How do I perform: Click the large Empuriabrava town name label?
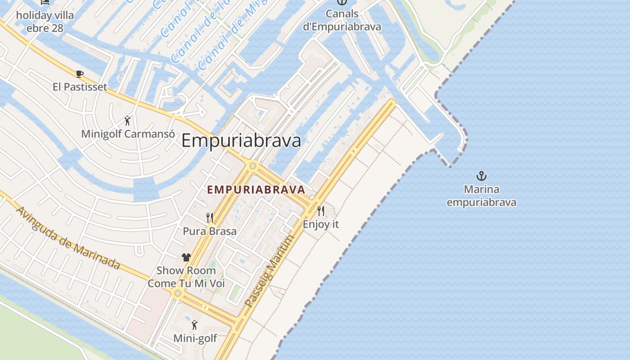pos(241,141)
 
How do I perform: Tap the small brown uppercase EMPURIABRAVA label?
pos(256,190)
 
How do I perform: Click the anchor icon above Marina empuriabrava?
pos(481,176)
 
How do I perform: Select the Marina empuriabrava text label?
pos(481,196)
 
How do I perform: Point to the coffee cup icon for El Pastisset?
pos(80,74)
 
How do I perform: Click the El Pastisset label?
pos(80,87)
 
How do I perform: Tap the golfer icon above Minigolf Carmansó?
pos(128,121)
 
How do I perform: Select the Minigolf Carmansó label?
pos(128,134)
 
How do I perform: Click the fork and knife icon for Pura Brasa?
pos(209,218)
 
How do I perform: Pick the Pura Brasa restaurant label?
pos(209,231)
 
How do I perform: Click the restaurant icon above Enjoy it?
pos(320,211)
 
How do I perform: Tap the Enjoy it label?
pos(320,224)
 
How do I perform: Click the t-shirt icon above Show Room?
pos(186,257)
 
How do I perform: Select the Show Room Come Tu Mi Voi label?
pos(186,277)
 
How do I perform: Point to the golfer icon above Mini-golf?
pos(194,324)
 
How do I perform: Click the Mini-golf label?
pos(195,338)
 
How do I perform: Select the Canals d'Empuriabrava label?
pos(342,20)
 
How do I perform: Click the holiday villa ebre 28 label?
pos(45,22)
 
